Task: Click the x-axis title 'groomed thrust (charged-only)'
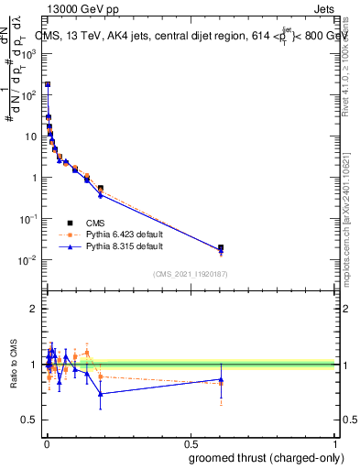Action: tap(261, 457)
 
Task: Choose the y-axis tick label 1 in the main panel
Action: tap(34, 178)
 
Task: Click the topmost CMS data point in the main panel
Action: tap(47, 84)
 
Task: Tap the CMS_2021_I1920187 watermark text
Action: tap(190, 273)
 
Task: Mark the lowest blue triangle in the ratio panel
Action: tap(101, 394)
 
